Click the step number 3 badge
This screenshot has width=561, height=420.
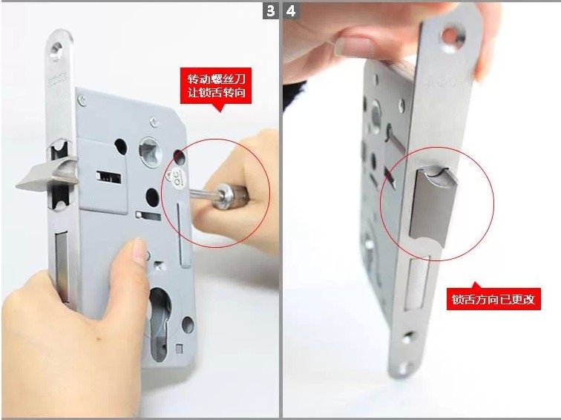pyautogui.click(x=270, y=10)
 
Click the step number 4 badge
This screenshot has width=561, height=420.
pyautogui.click(x=291, y=10)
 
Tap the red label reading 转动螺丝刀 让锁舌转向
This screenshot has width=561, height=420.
pyautogui.click(x=216, y=86)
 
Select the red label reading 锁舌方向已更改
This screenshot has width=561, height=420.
pyautogui.click(x=493, y=299)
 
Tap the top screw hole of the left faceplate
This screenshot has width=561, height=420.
pyautogui.click(x=56, y=48)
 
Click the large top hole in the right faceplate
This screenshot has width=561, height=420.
pyautogui.click(x=452, y=39)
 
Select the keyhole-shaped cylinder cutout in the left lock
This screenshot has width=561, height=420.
pyautogui.click(x=159, y=324)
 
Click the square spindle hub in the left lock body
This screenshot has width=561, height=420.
pyautogui.click(x=150, y=151)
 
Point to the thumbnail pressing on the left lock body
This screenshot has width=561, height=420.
pyautogui.click(x=139, y=250)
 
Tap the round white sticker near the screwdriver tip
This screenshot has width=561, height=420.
pyautogui.click(x=177, y=177)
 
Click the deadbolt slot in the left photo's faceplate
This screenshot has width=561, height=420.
pyautogui.click(x=62, y=266)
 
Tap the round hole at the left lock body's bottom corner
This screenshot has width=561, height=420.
pyautogui.click(x=188, y=324)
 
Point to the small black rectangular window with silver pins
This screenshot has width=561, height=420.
pyautogui.click(x=109, y=177)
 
